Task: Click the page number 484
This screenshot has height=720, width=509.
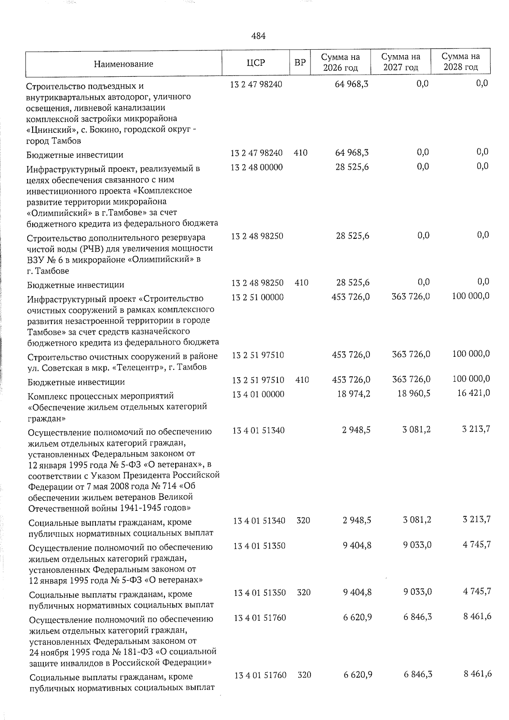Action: (258, 36)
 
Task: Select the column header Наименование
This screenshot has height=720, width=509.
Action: (123, 64)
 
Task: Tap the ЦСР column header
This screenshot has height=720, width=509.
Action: (256, 63)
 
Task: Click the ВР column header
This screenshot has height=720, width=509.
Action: (300, 63)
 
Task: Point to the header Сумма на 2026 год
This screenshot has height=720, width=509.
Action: (340, 62)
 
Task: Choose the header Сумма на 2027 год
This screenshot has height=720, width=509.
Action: (400, 62)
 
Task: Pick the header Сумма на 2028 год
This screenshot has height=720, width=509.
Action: (461, 62)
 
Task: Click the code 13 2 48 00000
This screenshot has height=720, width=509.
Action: (257, 167)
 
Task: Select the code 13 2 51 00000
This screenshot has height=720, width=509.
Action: (257, 297)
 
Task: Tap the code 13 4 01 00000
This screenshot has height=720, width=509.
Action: (258, 394)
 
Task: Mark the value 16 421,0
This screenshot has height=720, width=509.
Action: (474, 393)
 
